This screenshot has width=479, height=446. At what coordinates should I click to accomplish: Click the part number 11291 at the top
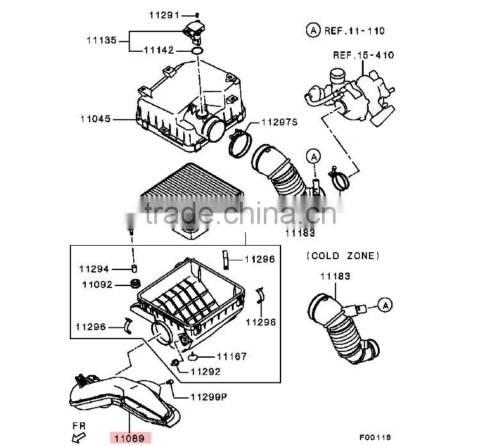tap(164, 15)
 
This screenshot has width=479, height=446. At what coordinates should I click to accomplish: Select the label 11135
tap(101, 40)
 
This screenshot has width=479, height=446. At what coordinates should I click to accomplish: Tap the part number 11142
tap(159, 50)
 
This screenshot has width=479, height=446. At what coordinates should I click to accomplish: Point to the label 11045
tap(95, 119)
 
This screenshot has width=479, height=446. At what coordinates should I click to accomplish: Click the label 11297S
tap(279, 122)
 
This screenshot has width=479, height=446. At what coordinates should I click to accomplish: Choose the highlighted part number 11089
tap(129, 439)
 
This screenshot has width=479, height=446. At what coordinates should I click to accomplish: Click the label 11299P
tap(209, 397)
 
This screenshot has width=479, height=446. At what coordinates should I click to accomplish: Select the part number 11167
tap(232, 356)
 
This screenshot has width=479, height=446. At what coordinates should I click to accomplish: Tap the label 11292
tap(206, 372)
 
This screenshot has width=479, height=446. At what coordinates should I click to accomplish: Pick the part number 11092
tap(97, 285)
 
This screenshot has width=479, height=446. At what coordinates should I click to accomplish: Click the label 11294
tap(94, 269)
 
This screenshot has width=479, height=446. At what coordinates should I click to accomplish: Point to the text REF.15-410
tap(364, 55)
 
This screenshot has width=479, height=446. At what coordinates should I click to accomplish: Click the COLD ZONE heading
tap(343, 255)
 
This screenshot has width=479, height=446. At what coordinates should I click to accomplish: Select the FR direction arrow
tap(79, 438)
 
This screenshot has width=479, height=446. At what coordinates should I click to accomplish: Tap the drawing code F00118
tap(375, 438)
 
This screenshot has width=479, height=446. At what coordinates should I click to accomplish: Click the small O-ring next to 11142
tap(197, 51)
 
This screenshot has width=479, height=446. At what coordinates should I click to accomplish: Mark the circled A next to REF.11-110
tap(313, 30)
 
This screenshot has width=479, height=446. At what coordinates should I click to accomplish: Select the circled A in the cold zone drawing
tap(386, 305)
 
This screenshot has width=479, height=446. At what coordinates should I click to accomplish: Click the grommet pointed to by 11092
tap(135, 283)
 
